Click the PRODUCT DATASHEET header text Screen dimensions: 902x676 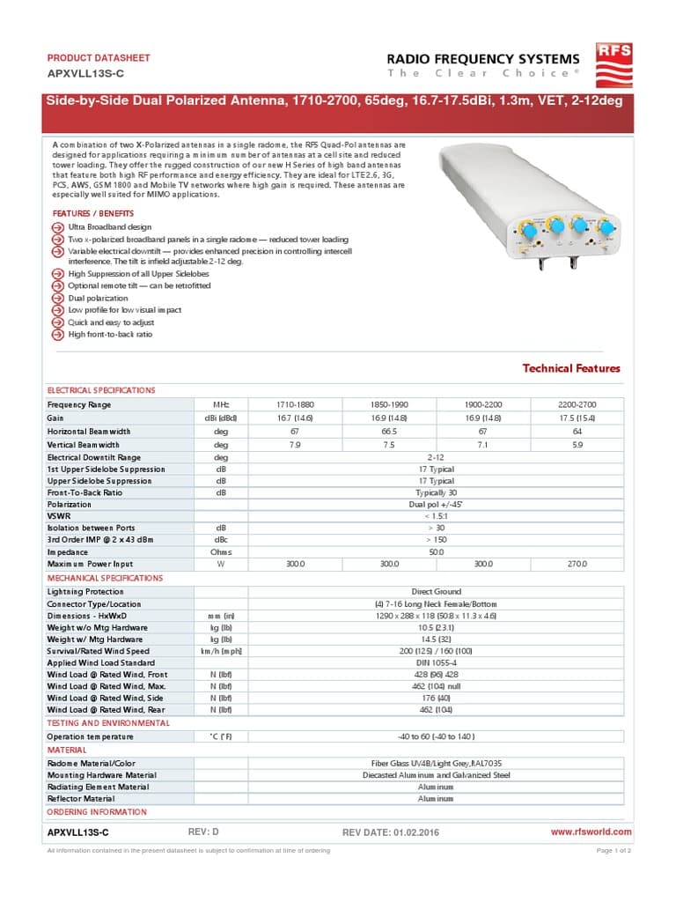[x=98, y=58]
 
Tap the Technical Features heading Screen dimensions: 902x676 [x=571, y=368]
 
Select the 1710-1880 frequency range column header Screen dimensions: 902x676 [x=295, y=405]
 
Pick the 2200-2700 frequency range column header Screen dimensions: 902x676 [x=577, y=405]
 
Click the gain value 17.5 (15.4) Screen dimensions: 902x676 [x=577, y=418]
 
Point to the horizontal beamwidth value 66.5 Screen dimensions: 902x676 [x=389, y=432]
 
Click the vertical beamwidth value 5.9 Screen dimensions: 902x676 [x=577, y=445]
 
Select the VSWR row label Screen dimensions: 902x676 [x=59, y=515]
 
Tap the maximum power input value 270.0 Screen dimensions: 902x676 [x=577, y=564]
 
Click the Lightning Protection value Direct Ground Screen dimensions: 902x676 [x=436, y=592]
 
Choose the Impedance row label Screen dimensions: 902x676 [x=68, y=551]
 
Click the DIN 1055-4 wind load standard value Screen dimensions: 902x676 [x=436, y=662]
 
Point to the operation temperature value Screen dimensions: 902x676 [x=436, y=736]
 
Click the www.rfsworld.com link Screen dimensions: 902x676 [x=591, y=832]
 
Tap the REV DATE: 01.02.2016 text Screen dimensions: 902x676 [x=390, y=832]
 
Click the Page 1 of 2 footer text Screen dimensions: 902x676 [x=614, y=850]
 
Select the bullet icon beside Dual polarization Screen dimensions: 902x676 [x=57, y=299]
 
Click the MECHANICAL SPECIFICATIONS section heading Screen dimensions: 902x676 [x=105, y=578]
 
